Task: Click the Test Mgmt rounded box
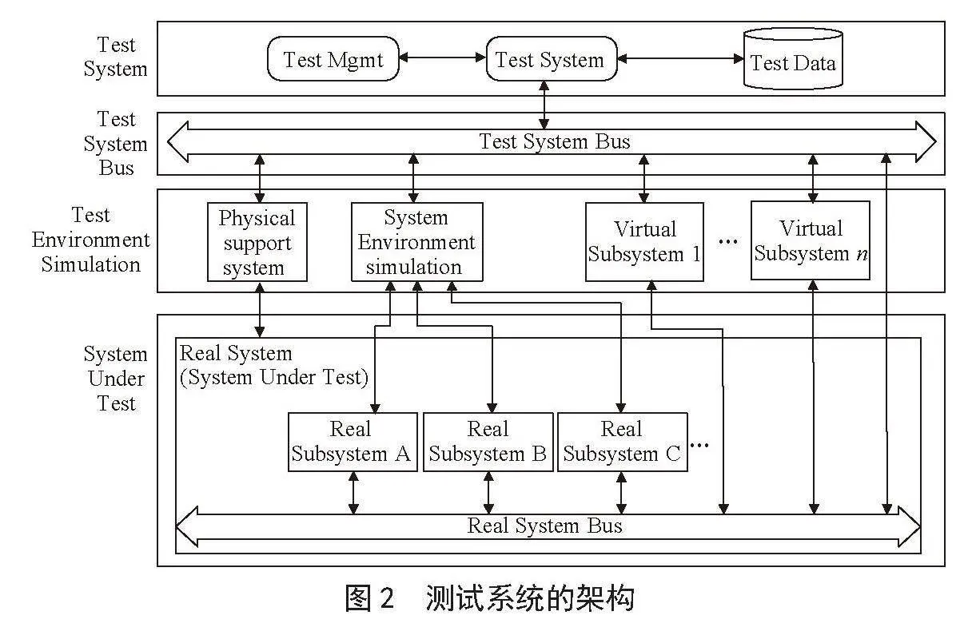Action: coord(333,59)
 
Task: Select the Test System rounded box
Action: coord(552,59)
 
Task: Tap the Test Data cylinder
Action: coord(793,59)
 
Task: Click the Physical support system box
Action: coord(257,242)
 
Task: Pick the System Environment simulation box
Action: coord(417,242)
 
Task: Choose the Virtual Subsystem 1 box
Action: coord(644,242)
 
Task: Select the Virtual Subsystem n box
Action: coord(811,240)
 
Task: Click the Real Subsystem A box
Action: coord(353,442)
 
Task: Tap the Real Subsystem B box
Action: coord(488,442)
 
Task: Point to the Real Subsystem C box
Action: coord(623,442)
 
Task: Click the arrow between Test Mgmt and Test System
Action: coord(443,58)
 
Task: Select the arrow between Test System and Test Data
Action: coord(680,58)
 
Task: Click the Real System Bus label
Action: coord(544,526)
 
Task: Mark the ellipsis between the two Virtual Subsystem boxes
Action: coord(727,242)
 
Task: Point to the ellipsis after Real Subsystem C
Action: coord(699,445)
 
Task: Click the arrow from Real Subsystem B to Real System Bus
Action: coord(488,493)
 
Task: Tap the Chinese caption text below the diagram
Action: coord(490,597)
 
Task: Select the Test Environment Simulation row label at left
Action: coord(90,240)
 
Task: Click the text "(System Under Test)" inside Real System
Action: coord(274,377)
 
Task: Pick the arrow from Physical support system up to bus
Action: coord(260,178)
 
